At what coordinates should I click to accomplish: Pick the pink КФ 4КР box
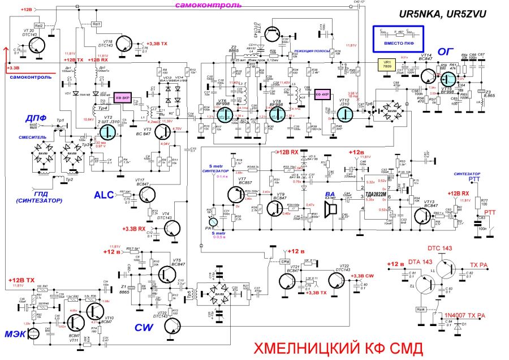click(x=323, y=93)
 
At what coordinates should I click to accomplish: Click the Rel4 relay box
click(x=420, y=310)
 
